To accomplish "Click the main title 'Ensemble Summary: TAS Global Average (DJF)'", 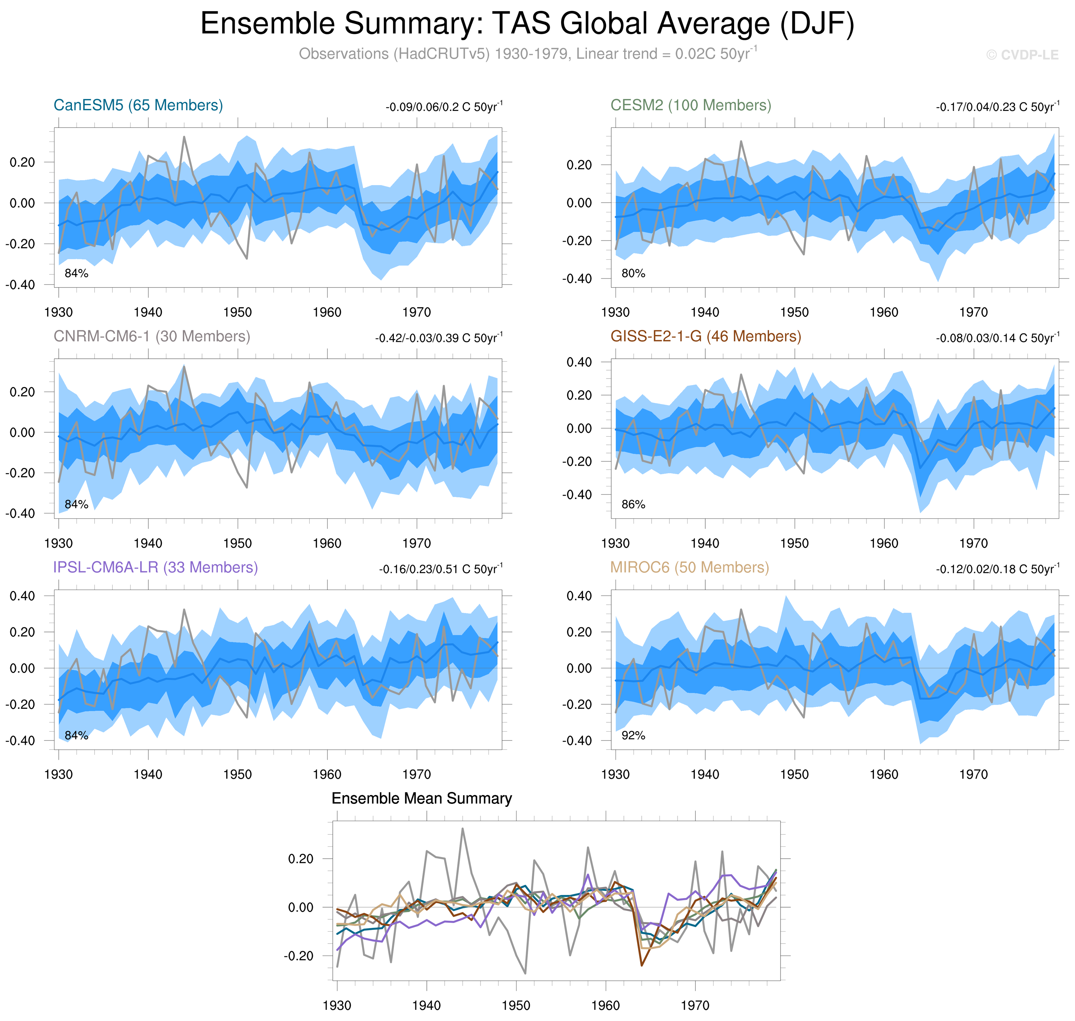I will click(527, 24).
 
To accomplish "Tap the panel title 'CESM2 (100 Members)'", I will click(690, 105).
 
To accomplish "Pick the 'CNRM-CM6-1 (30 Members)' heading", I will click(152, 336).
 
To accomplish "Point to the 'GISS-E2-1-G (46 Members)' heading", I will click(705, 336).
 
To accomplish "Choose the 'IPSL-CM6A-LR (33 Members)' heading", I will click(155, 567).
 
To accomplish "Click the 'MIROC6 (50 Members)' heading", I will click(689, 567).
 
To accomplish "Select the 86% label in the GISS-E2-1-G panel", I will click(633, 505).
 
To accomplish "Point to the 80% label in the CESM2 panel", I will click(633, 273).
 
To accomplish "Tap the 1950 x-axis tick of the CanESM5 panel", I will click(237, 313).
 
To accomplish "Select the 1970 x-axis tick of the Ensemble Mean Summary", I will click(694, 1005).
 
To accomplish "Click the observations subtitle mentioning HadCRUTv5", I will click(527, 54).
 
